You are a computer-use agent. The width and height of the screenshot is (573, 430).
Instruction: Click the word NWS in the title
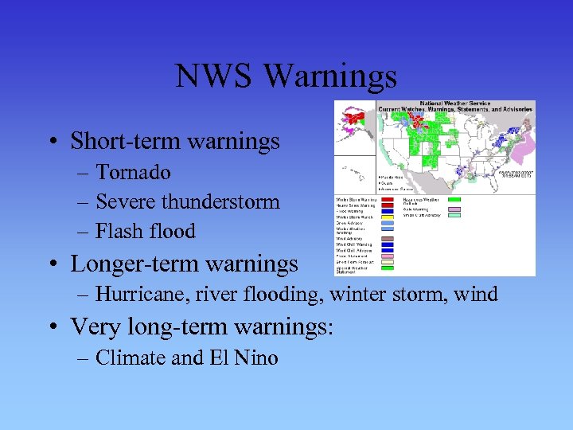[x=214, y=76]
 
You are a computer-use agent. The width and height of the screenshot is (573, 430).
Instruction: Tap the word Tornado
[x=133, y=172]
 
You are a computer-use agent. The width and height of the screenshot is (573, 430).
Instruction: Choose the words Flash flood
[x=145, y=231]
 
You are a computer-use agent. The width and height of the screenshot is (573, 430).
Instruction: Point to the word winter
[x=357, y=294]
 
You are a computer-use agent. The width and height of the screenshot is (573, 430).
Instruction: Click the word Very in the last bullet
[x=92, y=326]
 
